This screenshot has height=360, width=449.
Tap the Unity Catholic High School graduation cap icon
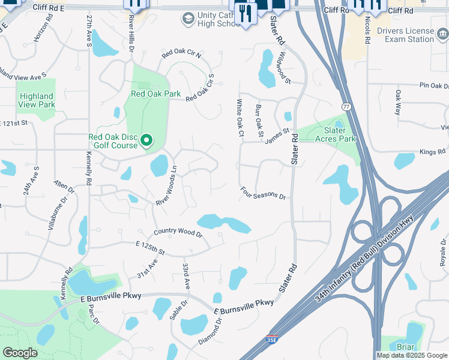click(188, 19)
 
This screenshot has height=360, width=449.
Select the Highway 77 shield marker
click(347, 107)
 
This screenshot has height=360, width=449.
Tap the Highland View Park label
click(37, 100)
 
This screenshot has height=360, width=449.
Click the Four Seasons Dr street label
click(264, 193)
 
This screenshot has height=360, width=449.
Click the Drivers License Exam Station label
click(405, 35)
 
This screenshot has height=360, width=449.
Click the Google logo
click(20, 353)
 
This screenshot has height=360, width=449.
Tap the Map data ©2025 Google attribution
click(411, 355)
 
